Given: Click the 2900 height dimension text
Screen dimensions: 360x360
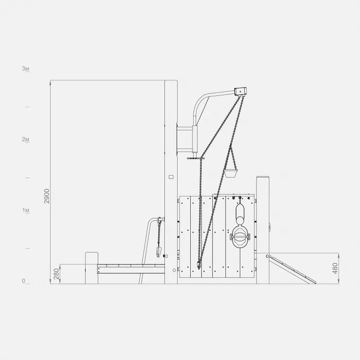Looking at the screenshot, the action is click(x=47, y=196).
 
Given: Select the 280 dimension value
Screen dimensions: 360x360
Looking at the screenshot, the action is click(x=56, y=274).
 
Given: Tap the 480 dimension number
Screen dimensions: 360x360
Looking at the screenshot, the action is click(x=335, y=269).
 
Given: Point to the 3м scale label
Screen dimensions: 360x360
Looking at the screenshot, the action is click(x=25, y=69).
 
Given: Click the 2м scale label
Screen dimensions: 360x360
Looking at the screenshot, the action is click(x=25, y=139).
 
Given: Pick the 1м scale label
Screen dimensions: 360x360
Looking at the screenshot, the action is click(x=25, y=210).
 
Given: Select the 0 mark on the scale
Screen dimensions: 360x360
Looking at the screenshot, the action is click(x=24, y=281).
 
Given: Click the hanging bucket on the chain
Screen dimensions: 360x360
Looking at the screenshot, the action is click(x=231, y=173).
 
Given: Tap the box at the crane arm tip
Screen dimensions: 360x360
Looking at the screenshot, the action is click(x=240, y=91).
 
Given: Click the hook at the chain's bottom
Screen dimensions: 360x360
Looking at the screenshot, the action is click(x=199, y=265).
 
